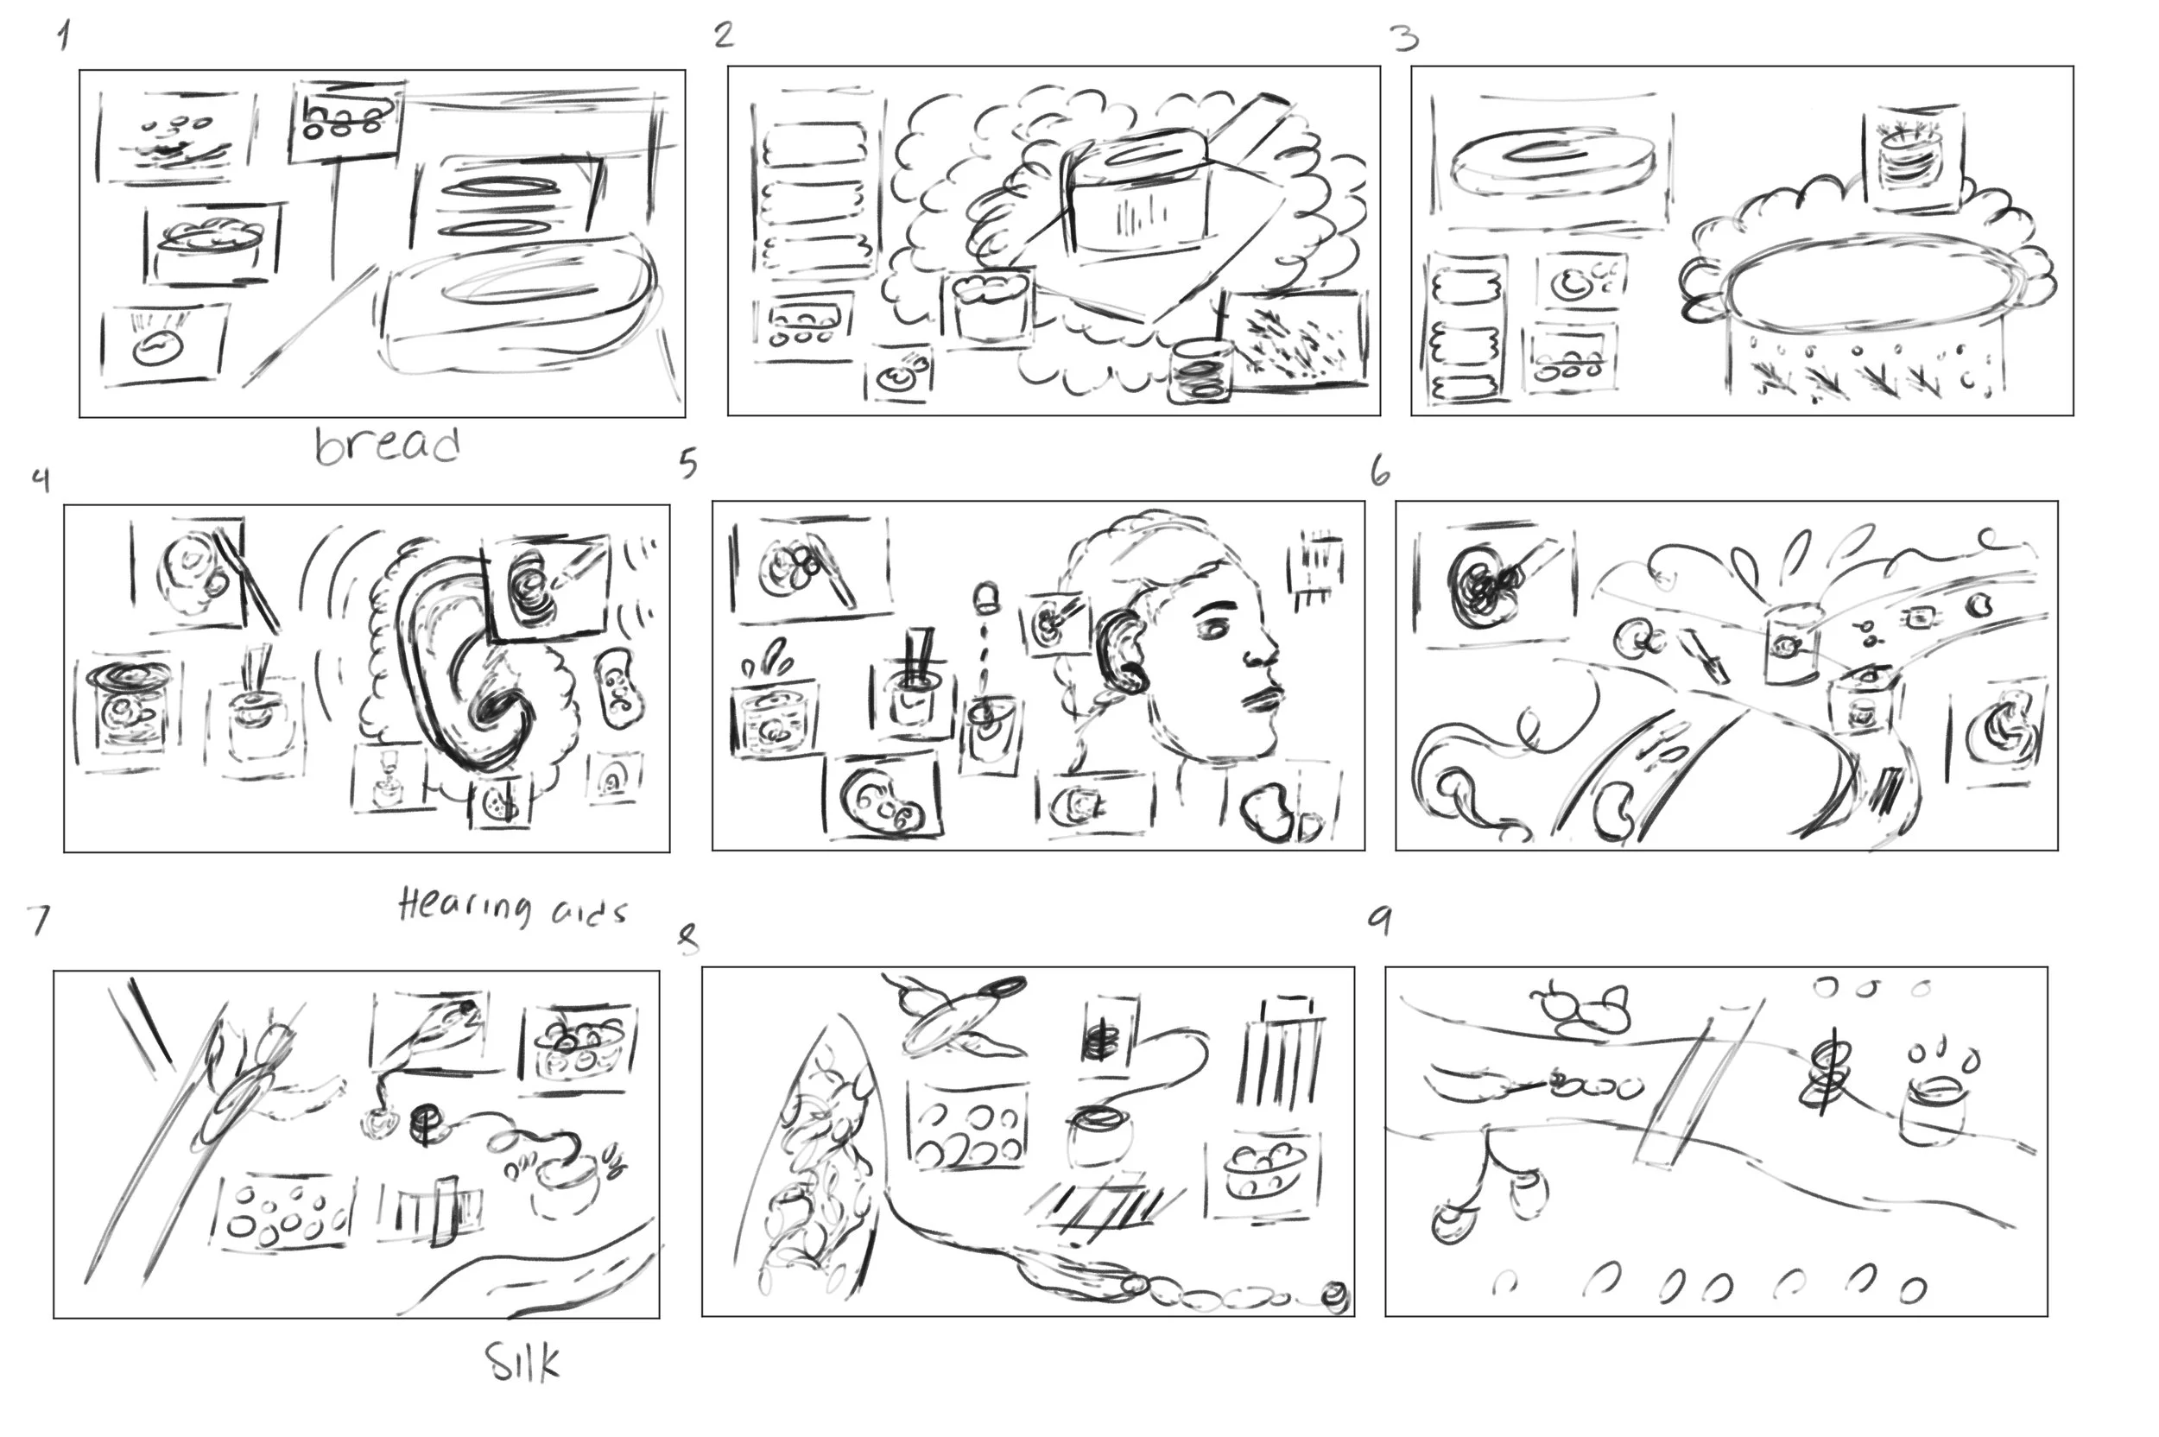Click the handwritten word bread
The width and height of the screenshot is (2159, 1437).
387,446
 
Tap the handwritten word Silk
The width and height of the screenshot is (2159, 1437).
522,1362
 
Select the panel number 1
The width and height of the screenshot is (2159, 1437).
62,36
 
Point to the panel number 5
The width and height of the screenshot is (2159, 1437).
688,464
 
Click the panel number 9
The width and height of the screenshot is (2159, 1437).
1380,920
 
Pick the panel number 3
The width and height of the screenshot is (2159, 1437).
1404,39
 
